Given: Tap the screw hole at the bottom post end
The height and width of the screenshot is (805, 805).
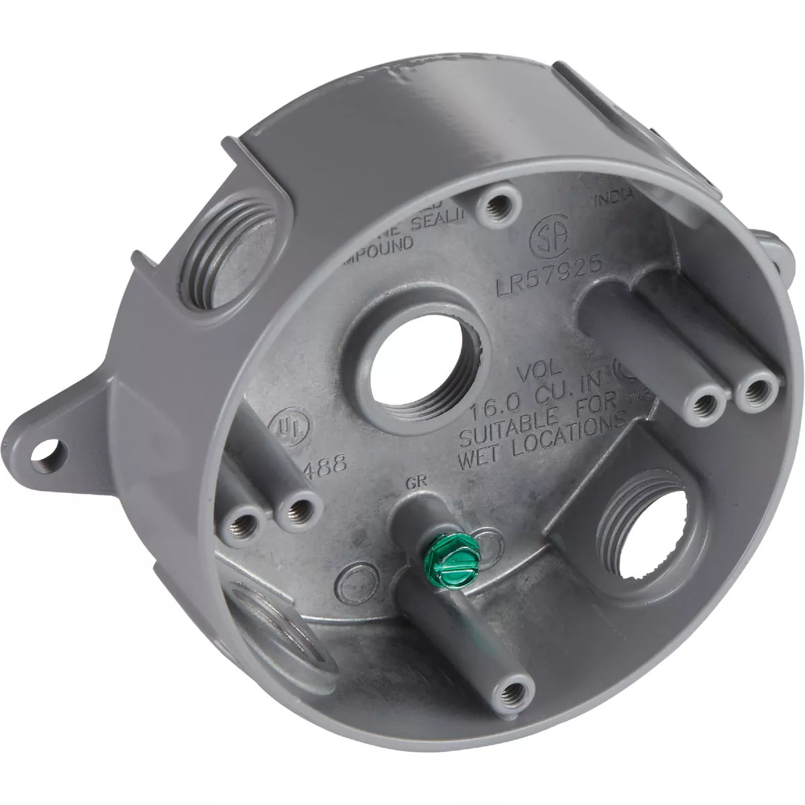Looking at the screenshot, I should tap(514, 704).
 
